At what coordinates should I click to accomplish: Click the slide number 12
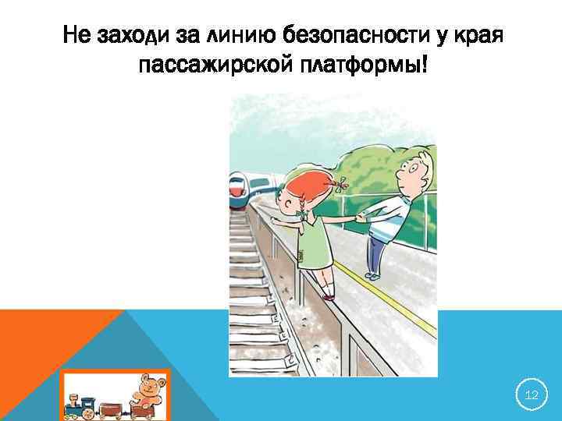click(x=532, y=395)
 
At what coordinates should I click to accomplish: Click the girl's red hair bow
click(x=342, y=185)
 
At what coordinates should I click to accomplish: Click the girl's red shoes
click(x=329, y=295)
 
